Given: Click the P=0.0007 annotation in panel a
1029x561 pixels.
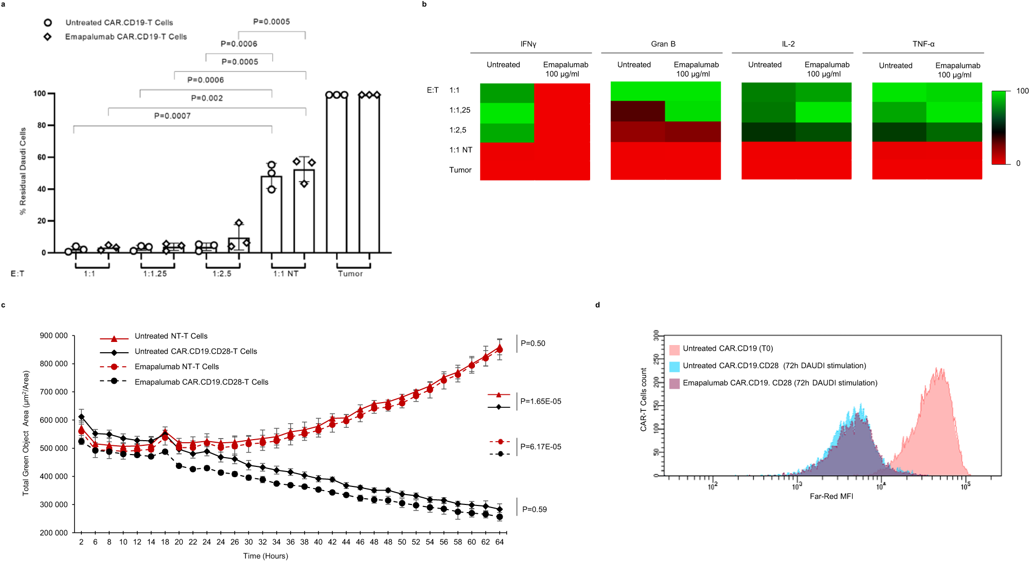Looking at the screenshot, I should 172,116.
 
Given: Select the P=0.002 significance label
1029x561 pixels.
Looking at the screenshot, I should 207,98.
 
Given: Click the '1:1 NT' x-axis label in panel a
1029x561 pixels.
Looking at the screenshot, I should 286,274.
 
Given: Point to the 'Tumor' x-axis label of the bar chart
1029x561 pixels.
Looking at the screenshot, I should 350,274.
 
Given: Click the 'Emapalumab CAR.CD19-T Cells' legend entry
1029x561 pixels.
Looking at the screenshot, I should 126,37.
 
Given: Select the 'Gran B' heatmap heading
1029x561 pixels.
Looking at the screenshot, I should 663,44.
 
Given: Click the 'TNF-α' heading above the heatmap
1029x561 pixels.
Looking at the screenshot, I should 923,44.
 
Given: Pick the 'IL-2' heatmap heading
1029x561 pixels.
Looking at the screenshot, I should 788,44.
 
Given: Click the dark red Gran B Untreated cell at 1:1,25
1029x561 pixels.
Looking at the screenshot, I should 637,111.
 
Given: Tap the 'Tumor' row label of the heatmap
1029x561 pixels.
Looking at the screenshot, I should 460,170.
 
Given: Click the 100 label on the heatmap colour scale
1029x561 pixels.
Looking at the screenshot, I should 1022,91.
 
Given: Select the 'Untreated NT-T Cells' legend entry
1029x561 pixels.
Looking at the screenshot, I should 171,336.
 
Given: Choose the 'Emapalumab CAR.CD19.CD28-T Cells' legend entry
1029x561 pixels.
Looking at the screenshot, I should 201,382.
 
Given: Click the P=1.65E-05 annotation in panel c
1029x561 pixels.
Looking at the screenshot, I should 540,401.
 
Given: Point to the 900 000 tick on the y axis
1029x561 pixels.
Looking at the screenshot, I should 54,336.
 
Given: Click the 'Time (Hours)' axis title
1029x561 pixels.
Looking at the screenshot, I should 265,555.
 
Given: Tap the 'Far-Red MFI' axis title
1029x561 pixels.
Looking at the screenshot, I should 831,496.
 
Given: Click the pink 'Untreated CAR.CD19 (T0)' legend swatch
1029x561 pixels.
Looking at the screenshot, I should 674,350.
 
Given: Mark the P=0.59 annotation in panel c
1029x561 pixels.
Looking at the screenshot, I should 534,509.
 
